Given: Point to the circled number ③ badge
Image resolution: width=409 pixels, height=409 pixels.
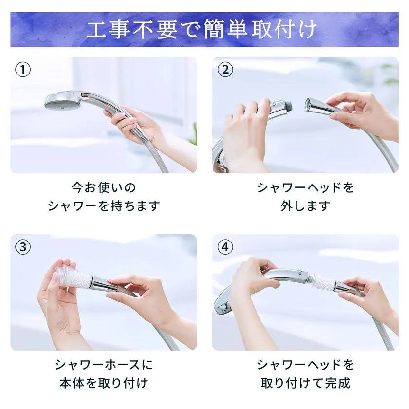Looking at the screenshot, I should coord(23,247).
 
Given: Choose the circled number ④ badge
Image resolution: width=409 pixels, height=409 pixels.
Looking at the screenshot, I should coord(225,247).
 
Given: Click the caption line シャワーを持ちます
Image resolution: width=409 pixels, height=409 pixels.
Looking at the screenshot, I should coord(104,206).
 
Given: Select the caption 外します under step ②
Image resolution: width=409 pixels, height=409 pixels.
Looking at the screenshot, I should coord(305,206).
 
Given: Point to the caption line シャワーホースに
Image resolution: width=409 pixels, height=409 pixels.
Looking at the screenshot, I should coord(104,364).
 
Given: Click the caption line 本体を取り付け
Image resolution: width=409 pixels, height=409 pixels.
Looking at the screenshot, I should coord(104,383).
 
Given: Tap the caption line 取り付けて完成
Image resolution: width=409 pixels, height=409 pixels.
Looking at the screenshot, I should coord(305,383).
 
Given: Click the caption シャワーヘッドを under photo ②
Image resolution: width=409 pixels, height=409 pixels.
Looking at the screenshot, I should coord(305,187).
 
